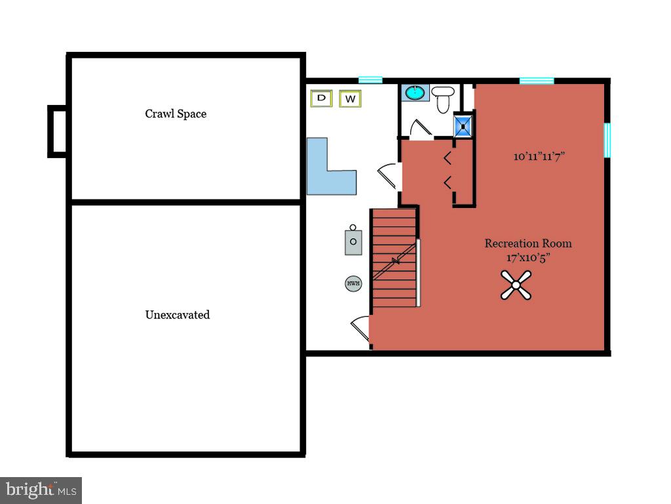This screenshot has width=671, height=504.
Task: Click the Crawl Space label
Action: (176, 114)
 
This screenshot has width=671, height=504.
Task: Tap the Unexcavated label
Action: (177, 314)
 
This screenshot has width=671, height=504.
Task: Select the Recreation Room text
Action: (528, 243)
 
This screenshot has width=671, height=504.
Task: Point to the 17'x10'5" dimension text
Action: (528, 257)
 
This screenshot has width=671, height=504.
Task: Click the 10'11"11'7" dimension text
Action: (539, 157)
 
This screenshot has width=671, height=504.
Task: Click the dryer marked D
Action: (322, 98)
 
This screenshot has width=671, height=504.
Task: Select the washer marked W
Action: (351, 99)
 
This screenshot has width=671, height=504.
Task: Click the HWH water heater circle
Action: (353, 283)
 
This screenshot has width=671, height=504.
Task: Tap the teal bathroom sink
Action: (415, 93)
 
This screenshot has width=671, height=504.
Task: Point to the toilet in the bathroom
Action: (442, 98)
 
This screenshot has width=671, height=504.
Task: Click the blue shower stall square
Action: (464, 125)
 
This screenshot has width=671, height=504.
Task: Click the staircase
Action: (394, 257)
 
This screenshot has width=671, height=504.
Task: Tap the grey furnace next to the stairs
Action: (353, 240)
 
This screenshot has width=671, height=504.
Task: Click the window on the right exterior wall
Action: (607, 140)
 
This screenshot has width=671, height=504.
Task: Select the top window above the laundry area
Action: (370, 79)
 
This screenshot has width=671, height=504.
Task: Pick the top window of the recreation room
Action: (537, 81)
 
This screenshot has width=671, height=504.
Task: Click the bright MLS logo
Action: (41, 490)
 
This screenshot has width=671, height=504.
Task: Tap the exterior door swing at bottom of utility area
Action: (360, 328)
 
